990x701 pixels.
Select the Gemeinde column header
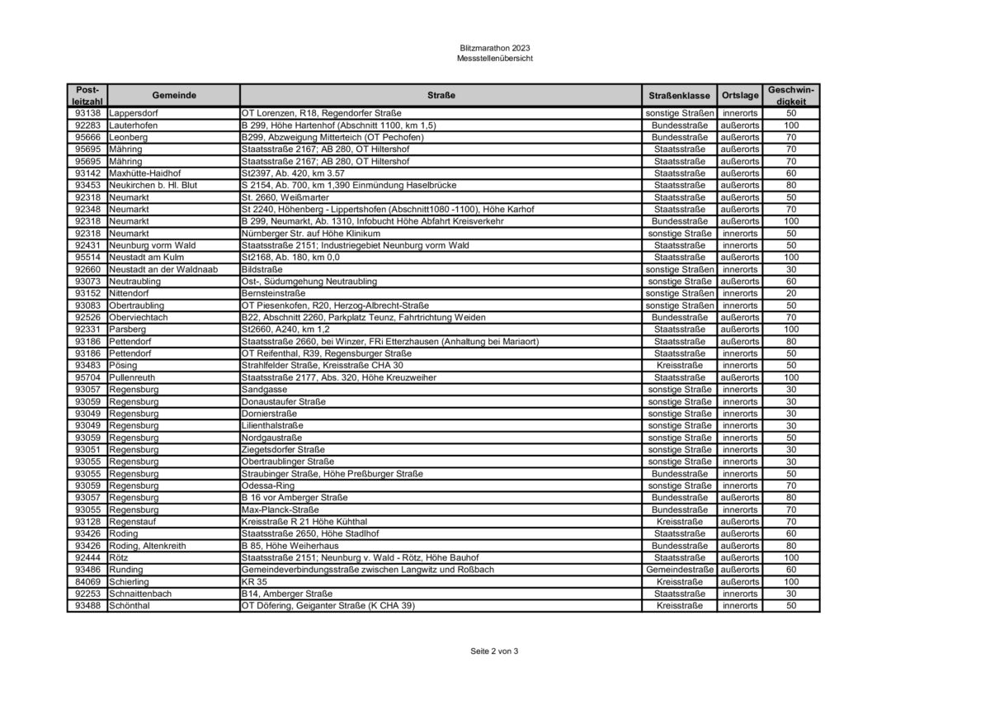173,95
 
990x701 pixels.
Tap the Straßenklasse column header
679,95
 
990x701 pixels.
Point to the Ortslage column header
739,95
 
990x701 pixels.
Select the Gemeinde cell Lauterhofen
134,126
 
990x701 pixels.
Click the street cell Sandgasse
261,390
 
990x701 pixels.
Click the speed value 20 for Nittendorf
790,293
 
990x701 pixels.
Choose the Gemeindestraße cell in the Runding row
679,570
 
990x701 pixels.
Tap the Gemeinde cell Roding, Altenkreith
148,546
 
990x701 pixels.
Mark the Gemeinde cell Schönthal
130,606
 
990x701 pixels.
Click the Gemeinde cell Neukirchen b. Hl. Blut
153,186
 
